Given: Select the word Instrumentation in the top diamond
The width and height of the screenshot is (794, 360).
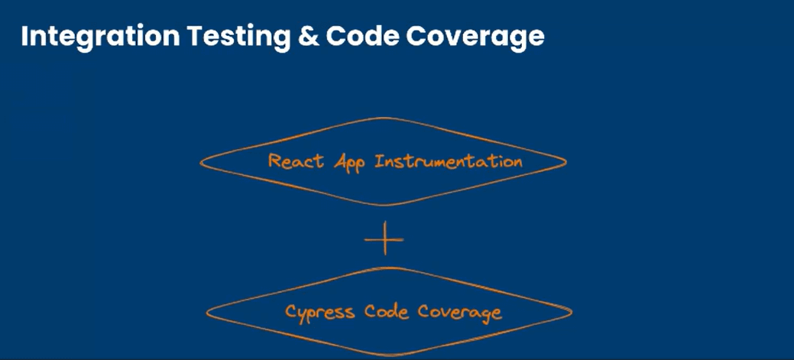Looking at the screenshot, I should click(449, 161).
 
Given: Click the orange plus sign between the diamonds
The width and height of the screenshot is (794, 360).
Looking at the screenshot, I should click(384, 239).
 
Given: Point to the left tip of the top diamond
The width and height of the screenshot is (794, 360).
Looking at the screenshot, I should click(201, 162).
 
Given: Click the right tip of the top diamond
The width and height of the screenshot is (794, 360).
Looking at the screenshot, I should click(566, 161).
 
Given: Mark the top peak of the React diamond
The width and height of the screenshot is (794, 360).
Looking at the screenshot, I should click(382, 118).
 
